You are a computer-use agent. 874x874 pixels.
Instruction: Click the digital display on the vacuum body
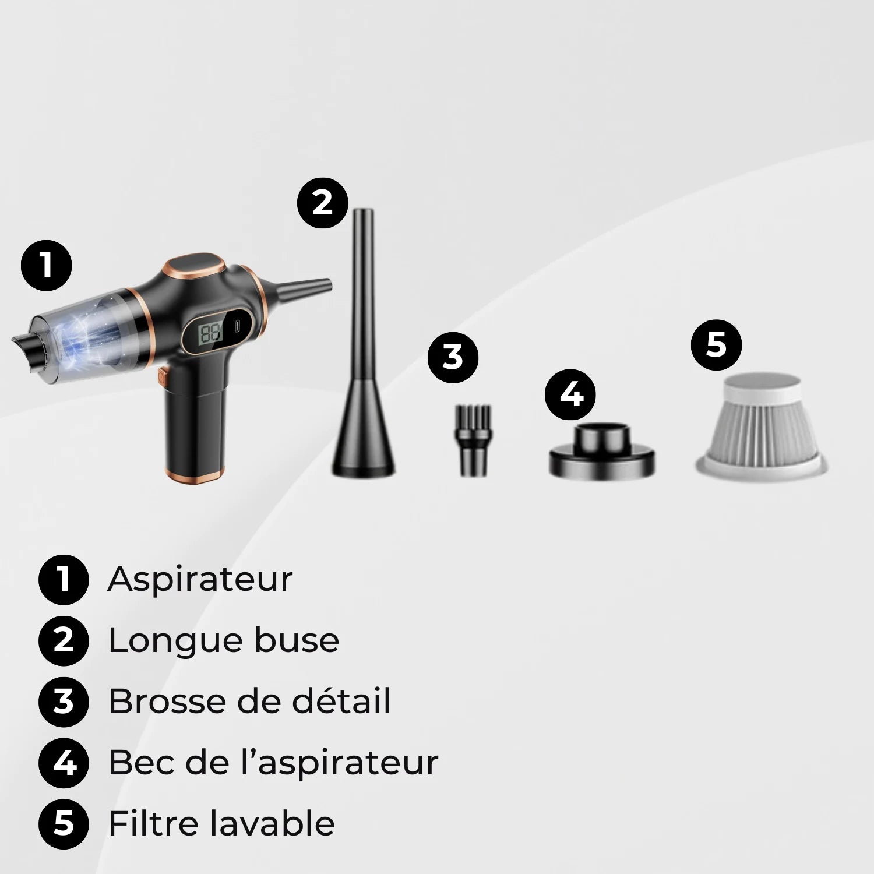(x=211, y=333)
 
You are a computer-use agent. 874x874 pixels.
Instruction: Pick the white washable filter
(x=761, y=425)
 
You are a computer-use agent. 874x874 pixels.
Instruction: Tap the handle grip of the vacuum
(x=195, y=431)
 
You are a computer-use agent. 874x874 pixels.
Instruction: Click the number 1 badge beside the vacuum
(x=46, y=266)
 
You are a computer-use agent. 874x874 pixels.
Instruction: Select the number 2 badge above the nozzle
(x=322, y=203)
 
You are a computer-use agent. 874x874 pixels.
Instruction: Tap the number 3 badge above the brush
(x=453, y=357)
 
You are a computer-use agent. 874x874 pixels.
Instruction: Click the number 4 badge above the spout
(x=570, y=394)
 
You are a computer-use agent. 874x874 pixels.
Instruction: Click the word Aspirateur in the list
(x=200, y=580)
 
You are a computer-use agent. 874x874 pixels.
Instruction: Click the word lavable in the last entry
(x=272, y=823)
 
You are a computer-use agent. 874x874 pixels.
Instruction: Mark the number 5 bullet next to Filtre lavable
(x=64, y=823)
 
